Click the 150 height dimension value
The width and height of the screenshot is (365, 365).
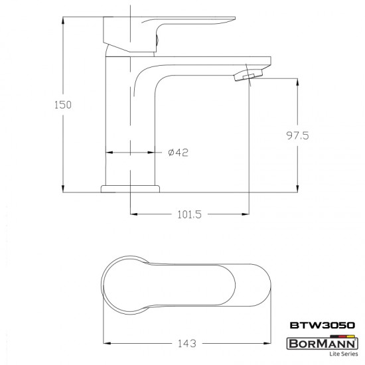(x=63, y=105)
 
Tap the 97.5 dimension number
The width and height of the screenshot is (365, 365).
(x=297, y=135)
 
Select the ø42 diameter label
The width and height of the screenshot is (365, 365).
(x=178, y=153)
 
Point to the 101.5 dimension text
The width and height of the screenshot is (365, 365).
(x=189, y=214)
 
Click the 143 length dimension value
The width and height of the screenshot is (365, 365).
(x=187, y=343)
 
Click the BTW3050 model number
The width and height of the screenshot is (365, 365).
(x=323, y=325)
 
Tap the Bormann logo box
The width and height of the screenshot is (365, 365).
(x=323, y=344)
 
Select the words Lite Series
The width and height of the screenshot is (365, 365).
(x=344, y=354)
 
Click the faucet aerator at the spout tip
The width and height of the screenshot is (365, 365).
(x=249, y=75)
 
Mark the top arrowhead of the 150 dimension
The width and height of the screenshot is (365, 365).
(x=63, y=21)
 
